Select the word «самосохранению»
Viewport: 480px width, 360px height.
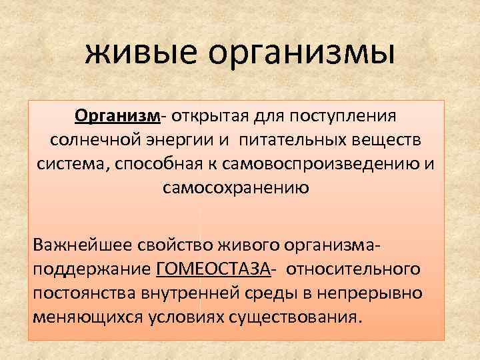(235, 189)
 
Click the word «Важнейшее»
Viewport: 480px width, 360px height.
(75, 245)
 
